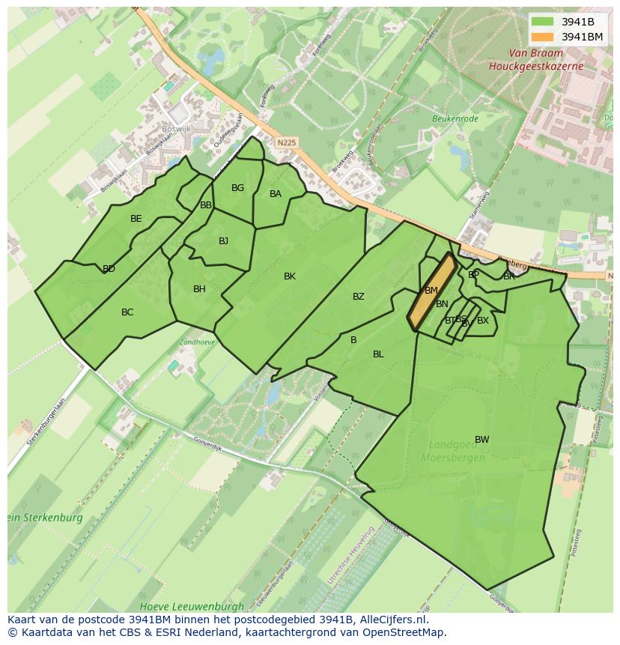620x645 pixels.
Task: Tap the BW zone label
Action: pos(481,440)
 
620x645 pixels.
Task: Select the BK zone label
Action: pos(290,276)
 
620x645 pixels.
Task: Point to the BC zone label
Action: pos(127,312)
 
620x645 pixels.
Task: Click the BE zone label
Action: pos(136,219)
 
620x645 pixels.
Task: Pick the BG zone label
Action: pos(237,188)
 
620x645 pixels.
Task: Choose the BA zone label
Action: pos(276,194)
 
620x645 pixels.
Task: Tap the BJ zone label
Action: pos(223,241)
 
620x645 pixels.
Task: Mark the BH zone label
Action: pos(199,289)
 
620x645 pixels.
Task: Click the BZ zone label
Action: pos(359,297)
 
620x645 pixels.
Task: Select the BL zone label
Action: pos(378,354)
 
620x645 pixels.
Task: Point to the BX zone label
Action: pos(483,321)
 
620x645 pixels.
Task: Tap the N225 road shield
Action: pos(285,142)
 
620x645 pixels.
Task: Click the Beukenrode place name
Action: pos(454,118)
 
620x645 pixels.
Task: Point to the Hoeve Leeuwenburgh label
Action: pos(192,605)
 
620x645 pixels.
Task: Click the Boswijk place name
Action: pos(177,129)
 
